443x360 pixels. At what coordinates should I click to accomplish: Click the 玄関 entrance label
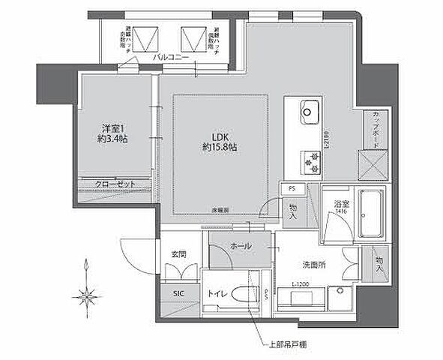point(178,254)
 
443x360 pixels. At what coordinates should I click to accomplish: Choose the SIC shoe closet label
point(178,293)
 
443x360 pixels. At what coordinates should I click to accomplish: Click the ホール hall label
point(240,247)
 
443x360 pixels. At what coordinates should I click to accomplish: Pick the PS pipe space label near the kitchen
point(290,190)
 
